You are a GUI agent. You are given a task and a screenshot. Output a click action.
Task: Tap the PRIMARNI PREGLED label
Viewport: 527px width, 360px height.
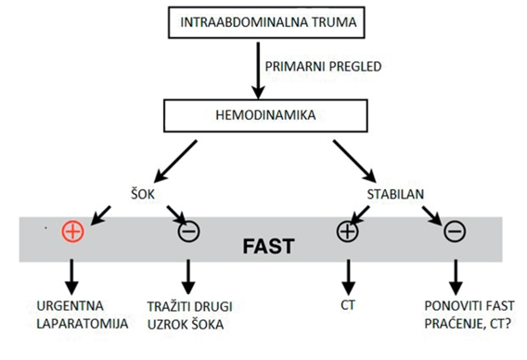(323, 67)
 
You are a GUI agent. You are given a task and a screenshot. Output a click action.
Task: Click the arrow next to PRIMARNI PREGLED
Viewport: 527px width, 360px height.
(258, 71)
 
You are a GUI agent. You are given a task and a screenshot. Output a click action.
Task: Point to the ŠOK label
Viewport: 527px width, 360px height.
(143, 194)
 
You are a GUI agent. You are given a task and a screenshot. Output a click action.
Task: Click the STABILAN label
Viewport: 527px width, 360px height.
(395, 194)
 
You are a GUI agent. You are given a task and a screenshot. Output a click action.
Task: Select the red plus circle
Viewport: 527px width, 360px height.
(73, 231)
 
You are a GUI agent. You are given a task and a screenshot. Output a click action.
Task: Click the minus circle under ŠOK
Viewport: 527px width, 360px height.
(189, 231)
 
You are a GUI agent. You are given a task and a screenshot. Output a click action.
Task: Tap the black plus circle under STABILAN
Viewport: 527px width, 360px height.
(348, 231)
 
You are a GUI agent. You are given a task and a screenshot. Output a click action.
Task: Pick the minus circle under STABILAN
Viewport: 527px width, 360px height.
(455, 231)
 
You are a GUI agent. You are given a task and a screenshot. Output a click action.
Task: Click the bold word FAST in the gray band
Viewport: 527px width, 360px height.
(268, 247)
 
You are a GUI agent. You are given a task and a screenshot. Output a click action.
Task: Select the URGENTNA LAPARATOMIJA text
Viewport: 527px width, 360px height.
(83, 315)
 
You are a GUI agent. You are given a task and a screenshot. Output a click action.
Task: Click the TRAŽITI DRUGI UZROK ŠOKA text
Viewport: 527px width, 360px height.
(190, 315)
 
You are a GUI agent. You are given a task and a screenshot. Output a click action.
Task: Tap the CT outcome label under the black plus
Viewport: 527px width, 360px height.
(348, 305)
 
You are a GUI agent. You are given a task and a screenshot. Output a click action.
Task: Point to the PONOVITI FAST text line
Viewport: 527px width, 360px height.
(469, 306)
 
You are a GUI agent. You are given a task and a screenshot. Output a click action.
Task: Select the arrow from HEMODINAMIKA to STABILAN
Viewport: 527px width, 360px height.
(354, 161)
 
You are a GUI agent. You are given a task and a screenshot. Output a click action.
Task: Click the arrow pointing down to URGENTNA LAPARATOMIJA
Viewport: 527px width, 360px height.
(71, 277)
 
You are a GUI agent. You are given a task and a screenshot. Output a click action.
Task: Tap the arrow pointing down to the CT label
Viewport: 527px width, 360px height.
(348, 277)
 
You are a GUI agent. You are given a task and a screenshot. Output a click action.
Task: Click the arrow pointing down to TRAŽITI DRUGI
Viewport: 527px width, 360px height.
(188, 277)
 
